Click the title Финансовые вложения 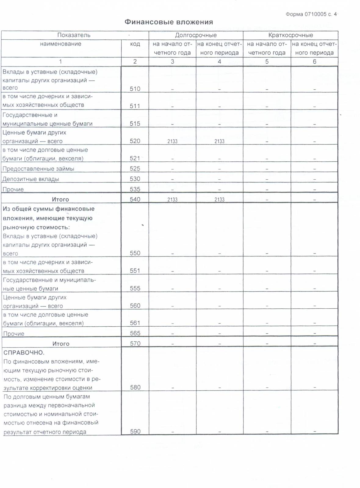pos(169,22)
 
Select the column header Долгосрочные pos(196,35)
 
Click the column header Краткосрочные pos(290,35)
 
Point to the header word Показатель pos(74,35)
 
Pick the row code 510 pos(135,89)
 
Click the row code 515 pos(135,124)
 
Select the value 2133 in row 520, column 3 pos(172,141)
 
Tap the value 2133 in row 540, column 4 pos(219,199)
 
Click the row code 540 pos(135,199)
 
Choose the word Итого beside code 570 pos(61,344)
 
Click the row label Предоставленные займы pos(38,169)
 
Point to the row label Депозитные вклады pos(31,179)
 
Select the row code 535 pos(135,189)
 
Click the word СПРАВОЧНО pos(24,353)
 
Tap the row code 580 pos(135,387)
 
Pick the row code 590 pos(135,432)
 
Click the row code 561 pos(135,323)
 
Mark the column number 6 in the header pos(315,62)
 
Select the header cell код pos(135,44)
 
